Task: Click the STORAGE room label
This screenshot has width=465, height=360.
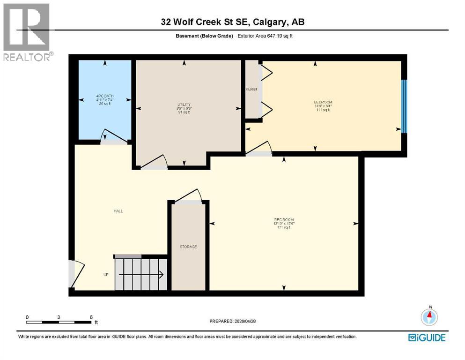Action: [x=188, y=247]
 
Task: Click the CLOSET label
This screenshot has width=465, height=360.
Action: [x=251, y=89]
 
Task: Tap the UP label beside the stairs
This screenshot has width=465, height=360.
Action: [x=106, y=275]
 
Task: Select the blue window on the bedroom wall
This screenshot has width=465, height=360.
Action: [x=405, y=106]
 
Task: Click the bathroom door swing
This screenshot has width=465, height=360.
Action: [x=114, y=136]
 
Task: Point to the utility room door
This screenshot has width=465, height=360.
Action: [x=154, y=162]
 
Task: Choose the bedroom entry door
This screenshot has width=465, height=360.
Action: [x=259, y=149]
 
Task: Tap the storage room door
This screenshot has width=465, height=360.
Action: [x=188, y=196]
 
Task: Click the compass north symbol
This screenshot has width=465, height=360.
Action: [x=429, y=316]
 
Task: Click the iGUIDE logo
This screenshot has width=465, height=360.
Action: [x=427, y=337]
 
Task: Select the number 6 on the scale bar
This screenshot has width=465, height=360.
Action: [x=91, y=317]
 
